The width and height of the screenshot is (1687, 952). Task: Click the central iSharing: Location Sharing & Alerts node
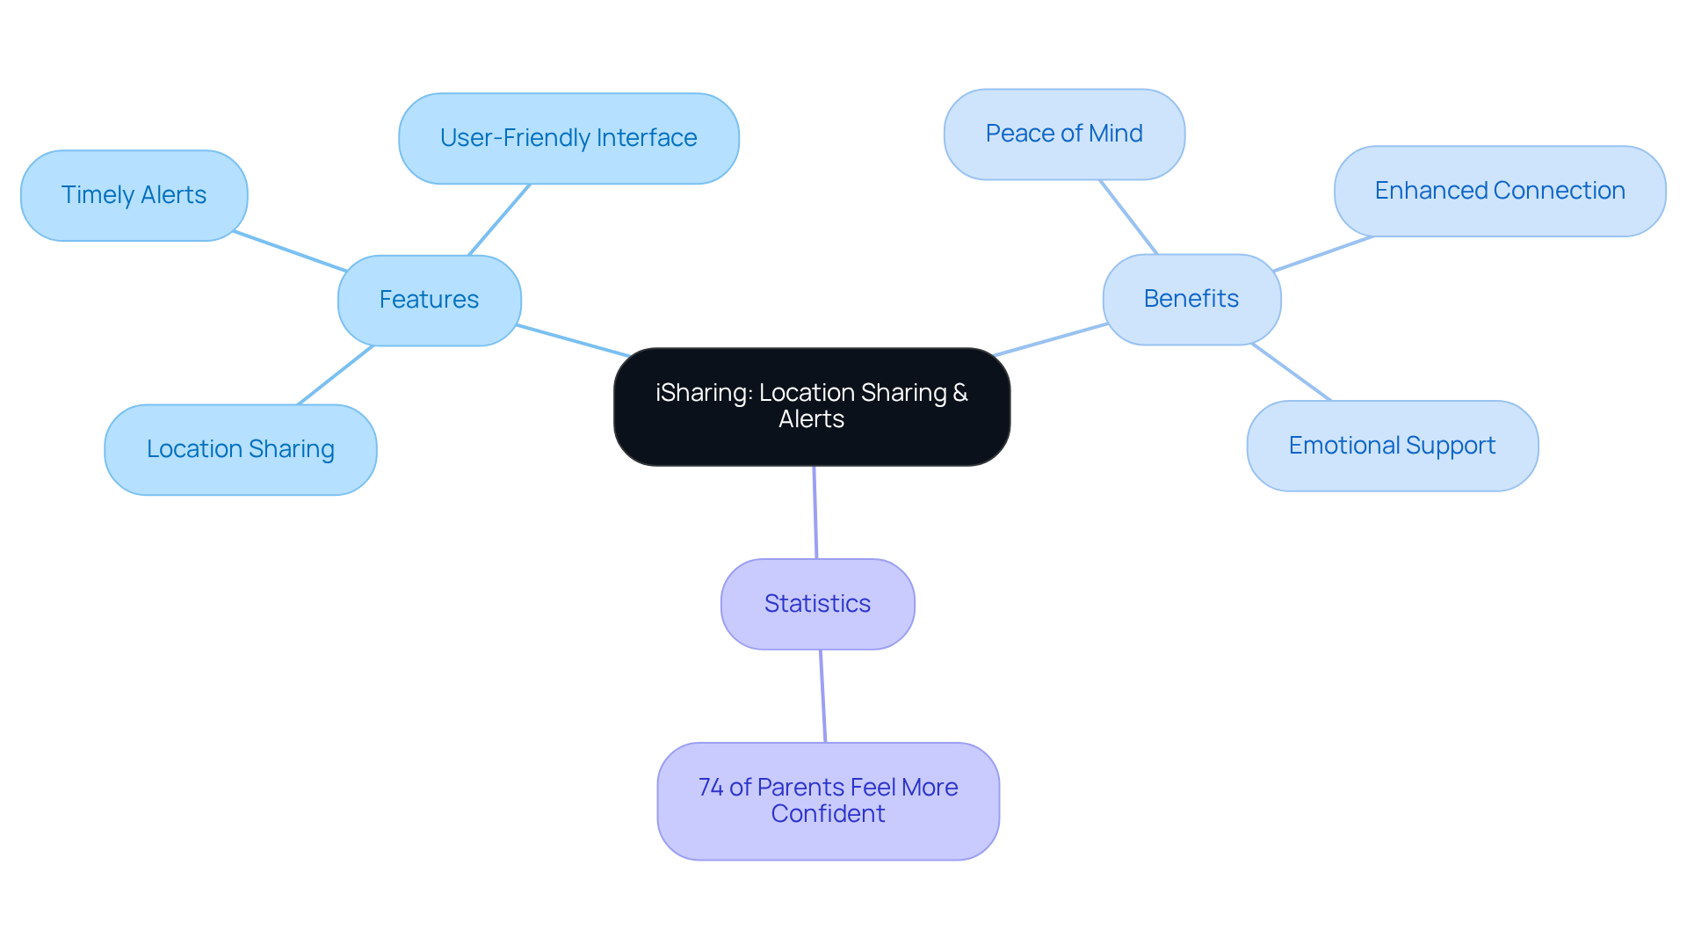tap(811, 406)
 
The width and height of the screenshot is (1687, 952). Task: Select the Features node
tap(429, 300)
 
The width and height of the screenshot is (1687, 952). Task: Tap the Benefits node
tap(1191, 299)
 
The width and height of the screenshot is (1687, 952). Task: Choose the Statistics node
tap(817, 604)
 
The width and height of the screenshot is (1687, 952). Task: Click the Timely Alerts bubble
tap(134, 195)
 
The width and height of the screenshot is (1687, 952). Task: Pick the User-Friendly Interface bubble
tap(568, 138)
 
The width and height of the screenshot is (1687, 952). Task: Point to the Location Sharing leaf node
tap(240, 449)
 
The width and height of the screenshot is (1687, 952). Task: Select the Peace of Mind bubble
tap(1064, 134)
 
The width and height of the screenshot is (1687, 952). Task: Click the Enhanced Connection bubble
tap(1499, 191)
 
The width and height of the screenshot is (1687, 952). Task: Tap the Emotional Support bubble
tap(1392, 446)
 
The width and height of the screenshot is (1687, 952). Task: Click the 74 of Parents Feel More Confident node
tap(828, 801)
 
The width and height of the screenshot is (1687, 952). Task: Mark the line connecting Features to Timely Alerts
tap(290, 251)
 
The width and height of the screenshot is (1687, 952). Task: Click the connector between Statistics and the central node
tap(815, 512)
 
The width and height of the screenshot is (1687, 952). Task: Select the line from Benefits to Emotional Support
tap(1292, 373)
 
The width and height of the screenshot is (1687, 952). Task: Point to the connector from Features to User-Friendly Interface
tap(499, 220)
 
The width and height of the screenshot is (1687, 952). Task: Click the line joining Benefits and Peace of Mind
tap(1129, 217)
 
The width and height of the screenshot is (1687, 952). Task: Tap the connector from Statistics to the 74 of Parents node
tap(822, 696)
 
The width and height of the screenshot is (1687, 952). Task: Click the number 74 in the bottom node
tap(710, 788)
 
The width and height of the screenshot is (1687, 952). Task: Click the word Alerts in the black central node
tap(811, 419)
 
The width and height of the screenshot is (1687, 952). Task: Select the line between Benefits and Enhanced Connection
tap(1322, 253)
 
